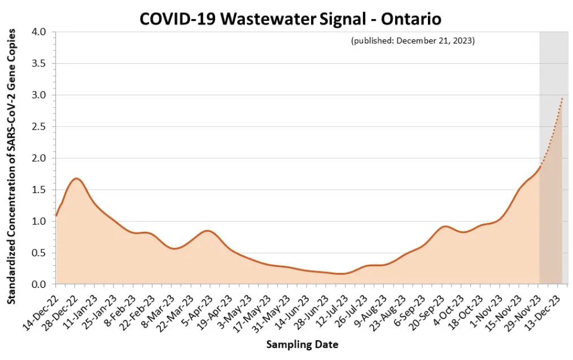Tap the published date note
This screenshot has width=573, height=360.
(413, 41)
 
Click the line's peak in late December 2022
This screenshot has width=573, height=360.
(76, 179)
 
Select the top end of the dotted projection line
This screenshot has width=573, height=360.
(562, 98)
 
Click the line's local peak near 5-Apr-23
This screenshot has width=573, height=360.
(208, 231)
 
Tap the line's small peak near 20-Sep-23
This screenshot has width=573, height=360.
(445, 226)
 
